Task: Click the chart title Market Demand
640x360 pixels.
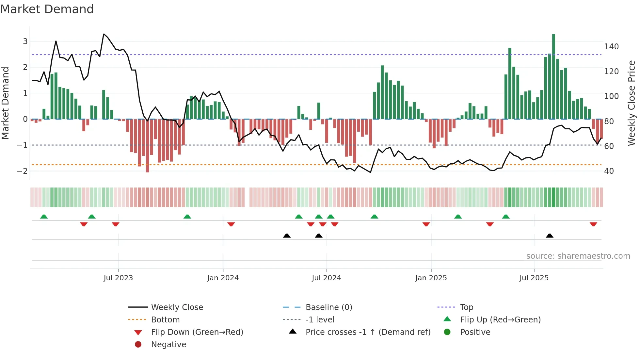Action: (47, 9)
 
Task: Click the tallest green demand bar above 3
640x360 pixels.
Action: (553, 76)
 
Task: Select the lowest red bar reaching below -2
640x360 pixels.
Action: (147, 146)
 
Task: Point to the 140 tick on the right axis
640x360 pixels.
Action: (611, 47)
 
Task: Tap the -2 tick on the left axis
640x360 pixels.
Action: (23, 171)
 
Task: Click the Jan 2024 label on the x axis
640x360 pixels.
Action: (223, 278)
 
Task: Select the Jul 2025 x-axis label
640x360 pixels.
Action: (534, 278)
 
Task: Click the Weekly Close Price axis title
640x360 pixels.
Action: (632, 103)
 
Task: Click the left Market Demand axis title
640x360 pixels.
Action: (5, 103)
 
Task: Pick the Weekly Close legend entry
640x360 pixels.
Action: (177, 307)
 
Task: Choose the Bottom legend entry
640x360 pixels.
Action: (165, 320)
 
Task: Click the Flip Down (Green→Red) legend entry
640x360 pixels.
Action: (197, 332)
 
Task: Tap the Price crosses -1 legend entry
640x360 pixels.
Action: (368, 332)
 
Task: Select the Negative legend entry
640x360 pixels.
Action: (168, 345)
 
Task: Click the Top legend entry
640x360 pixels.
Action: (466, 307)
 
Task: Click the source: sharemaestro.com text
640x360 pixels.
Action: (578, 256)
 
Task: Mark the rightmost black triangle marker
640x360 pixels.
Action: (550, 236)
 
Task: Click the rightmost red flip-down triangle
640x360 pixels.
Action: (593, 224)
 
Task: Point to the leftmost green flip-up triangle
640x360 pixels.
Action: (44, 217)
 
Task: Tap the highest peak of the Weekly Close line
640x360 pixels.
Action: (104, 34)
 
